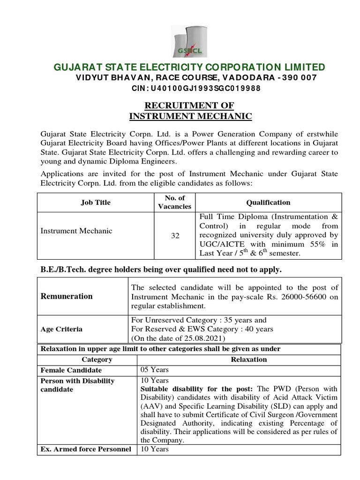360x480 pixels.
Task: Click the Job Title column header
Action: click(x=96, y=202)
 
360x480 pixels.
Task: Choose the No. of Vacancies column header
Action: click(x=175, y=202)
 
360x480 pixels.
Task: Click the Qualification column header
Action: click(x=268, y=202)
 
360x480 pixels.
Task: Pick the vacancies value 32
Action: click(x=175, y=235)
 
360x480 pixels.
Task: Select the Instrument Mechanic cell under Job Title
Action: click(x=76, y=231)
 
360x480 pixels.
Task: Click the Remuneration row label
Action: click(x=67, y=296)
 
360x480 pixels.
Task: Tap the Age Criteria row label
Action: click(x=61, y=329)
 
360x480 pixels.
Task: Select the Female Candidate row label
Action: click(x=71, y=370)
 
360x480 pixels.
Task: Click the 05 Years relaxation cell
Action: click(x=155, y=370)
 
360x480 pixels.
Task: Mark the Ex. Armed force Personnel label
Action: click(x=86, y=449)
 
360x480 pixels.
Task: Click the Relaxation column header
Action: click(x=248, y=360)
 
